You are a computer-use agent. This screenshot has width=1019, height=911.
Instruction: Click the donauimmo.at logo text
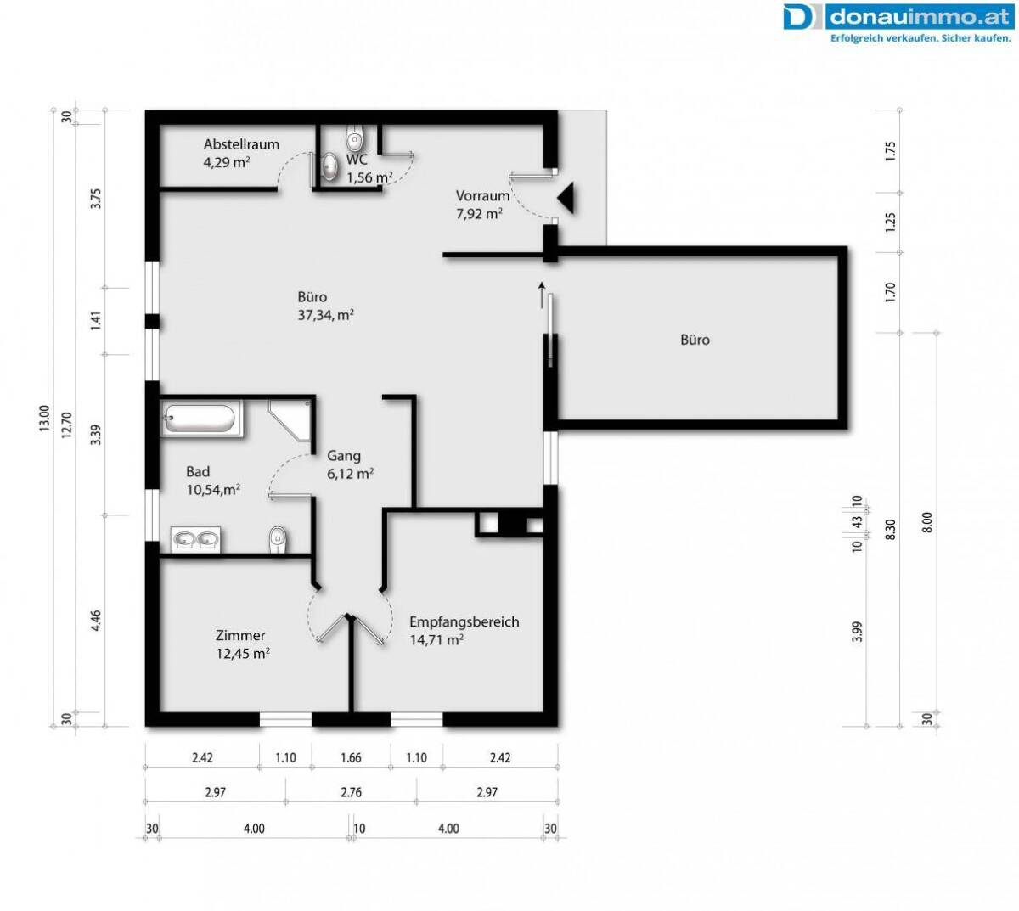coord(920,17)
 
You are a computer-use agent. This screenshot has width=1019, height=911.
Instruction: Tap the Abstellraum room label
coord(241,145)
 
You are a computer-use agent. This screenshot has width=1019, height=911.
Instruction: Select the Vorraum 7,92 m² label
coord(482,205)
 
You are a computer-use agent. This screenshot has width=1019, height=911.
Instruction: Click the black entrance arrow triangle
coord(567,199)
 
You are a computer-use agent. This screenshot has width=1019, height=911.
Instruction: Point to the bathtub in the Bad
coord(200,419)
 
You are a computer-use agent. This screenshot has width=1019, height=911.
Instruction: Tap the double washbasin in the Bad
coord(195,539)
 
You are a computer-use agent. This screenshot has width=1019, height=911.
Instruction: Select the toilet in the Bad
coord(278,539)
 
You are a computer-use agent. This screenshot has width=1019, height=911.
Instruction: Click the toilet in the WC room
coord(355,138)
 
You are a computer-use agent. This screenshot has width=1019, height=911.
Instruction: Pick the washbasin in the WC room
coord(329,166)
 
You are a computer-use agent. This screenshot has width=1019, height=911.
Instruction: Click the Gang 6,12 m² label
coord(350,464)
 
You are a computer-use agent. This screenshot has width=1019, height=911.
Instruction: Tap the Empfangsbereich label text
coord(464,621)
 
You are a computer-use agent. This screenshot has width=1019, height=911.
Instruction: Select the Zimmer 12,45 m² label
coord(243,644)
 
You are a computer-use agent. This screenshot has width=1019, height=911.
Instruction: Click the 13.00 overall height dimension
coord(44,418)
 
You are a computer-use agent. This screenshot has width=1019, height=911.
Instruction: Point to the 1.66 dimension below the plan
coord(351,757)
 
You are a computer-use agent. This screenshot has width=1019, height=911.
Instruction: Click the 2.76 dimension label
coord(351,792)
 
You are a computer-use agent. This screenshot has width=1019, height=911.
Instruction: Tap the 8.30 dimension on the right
coord(890,530)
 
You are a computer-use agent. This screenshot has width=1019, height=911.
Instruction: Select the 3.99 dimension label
coord(858,632)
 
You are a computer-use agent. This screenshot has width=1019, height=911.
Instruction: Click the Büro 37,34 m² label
coord(325,306)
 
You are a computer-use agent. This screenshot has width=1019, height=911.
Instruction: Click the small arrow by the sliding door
coord(542,295)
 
